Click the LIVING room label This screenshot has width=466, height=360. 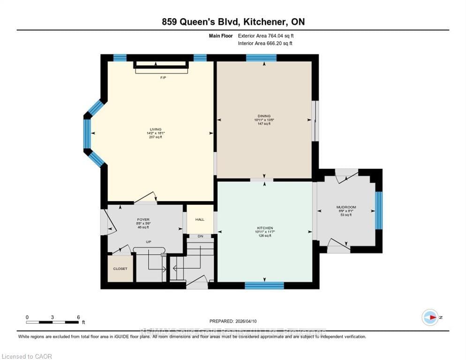pos(156,129)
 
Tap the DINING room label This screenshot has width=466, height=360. pos(264,116)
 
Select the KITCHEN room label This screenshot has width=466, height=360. pos(264,228)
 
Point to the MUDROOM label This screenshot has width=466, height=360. pos(346,207)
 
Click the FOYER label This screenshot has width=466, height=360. pos(143,219)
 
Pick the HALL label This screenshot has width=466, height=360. pos(200,219)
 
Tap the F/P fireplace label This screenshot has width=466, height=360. pos(163,77)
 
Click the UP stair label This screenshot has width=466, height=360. pos(149,242)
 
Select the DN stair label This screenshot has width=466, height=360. pos(200,236)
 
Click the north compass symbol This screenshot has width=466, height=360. pos(430,317)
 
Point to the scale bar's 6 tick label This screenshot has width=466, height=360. pos(78,317)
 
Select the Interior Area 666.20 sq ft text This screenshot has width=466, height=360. pos(265,44)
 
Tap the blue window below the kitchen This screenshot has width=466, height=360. pos(264,285)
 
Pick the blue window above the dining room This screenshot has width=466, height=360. pos(261,58)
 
